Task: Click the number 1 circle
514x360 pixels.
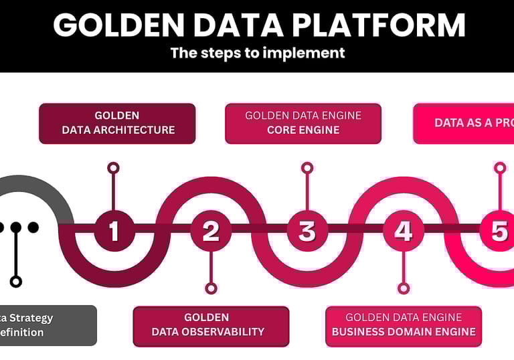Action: click(x=114, y=231)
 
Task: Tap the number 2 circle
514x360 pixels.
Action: click(x=211, y=231)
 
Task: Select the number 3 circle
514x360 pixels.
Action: click(x=307, y=231)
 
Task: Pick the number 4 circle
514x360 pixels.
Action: click(x=403, y=231)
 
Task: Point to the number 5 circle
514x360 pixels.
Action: click(x=499, y=231)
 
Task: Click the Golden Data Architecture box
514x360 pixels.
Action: click(x=117, y=123)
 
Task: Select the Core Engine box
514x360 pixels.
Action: click(x=303, y=123)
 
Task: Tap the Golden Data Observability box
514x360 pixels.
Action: click(x=211, y=326)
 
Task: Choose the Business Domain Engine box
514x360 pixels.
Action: click(x=404, y=326)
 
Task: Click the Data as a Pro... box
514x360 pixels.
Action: click(x=464, y=123)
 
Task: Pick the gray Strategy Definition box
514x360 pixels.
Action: click(x=47, y=325)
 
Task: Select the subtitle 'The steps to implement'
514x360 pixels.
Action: click(x=258, y=52)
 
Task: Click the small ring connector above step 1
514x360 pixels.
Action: click(x=114, y=167)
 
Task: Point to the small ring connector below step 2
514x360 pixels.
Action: click(x=211, y=288)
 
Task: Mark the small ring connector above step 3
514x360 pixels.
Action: click(x=307, y=167)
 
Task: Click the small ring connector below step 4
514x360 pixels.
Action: click(x=403, y=288)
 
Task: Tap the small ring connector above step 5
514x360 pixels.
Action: click(x=499, y=167)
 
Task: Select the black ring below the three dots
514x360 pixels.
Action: click(x=16, y=282)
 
